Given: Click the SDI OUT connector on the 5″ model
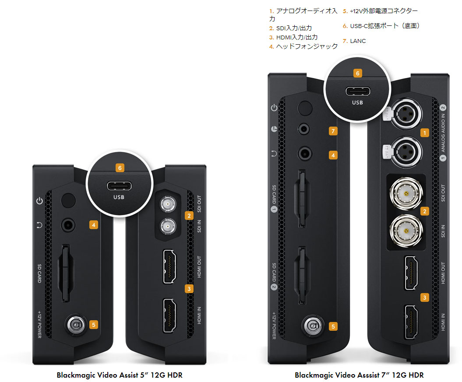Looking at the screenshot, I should coord(166,203).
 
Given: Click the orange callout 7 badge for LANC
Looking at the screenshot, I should coord(333,131).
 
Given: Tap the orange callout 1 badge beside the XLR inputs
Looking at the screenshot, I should coord(423,131).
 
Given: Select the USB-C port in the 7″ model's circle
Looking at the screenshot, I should coord(357,92).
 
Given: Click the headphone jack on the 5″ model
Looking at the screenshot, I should coord(68,225).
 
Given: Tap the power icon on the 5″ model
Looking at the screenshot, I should coord(39,201).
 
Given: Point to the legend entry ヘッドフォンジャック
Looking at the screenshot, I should coord(307,46).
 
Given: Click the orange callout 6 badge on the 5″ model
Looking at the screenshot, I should coord(120,167).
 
